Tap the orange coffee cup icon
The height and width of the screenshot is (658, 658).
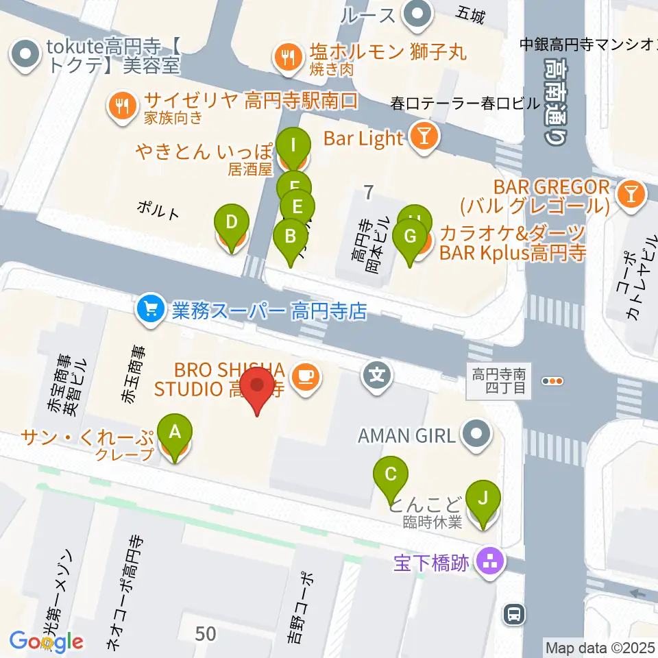(304, 375)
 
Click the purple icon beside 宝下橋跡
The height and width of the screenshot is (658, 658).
(491, 563)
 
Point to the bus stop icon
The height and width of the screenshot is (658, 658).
(513, 614)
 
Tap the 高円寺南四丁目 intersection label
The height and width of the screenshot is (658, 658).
(498, 382)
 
